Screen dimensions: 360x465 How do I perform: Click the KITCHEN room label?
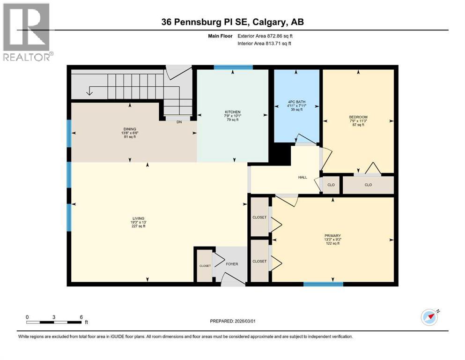click(x=232, y=112)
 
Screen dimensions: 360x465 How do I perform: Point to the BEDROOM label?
click(x=358, y=117)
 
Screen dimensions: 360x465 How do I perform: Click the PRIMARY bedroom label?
click(x=332, y=236)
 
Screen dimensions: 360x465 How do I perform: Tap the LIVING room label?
click(x=138, y=218)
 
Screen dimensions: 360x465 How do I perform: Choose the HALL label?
click(x=303, y=177)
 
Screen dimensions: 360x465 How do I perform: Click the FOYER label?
click(x=232, y=264)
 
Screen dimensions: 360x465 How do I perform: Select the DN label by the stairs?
click(x=179, y=122)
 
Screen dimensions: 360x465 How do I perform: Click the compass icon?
click(x=429, y=317)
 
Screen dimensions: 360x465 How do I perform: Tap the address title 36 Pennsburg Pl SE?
click(x=232, y=22)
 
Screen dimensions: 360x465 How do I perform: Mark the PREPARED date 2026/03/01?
click(x=232, y=321)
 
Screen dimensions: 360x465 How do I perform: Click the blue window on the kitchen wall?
click(x=233, y=67)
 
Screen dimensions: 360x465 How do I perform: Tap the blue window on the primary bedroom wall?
click(x=323, y=284)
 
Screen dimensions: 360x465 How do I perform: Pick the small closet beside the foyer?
click(x=205, y=266)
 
